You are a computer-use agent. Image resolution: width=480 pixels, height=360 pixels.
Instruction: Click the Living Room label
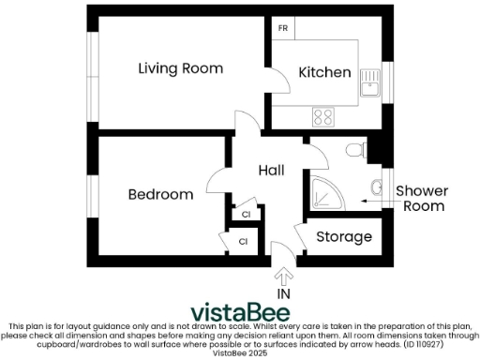coord(180,68)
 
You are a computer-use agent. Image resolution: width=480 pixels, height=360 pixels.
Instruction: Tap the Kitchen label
coord(324,72)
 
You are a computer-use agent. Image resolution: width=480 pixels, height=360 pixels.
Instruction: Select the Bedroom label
coord(160,195)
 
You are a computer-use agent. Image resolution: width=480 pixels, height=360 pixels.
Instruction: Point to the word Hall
coord(271,171)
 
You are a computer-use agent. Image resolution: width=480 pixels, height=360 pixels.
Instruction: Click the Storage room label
coord(343,237)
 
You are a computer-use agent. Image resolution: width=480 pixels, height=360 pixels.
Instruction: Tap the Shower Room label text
coord(421,199)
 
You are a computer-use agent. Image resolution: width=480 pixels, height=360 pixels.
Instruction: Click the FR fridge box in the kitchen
coord(282,28)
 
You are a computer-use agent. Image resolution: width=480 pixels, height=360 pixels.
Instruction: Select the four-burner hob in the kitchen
coord(323,117)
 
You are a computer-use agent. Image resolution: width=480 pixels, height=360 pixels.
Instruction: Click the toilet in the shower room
coord(354,150)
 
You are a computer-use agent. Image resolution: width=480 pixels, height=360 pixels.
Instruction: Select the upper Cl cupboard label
coord(246,215)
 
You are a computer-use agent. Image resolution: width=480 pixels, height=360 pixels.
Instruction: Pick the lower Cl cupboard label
coord(243,242)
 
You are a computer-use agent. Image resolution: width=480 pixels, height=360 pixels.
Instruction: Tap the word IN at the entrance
coord(283,294)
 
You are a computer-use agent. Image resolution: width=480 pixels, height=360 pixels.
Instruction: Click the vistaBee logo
coord(239,312)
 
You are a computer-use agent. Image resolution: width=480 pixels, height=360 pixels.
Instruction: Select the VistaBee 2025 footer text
coord(239,352)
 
